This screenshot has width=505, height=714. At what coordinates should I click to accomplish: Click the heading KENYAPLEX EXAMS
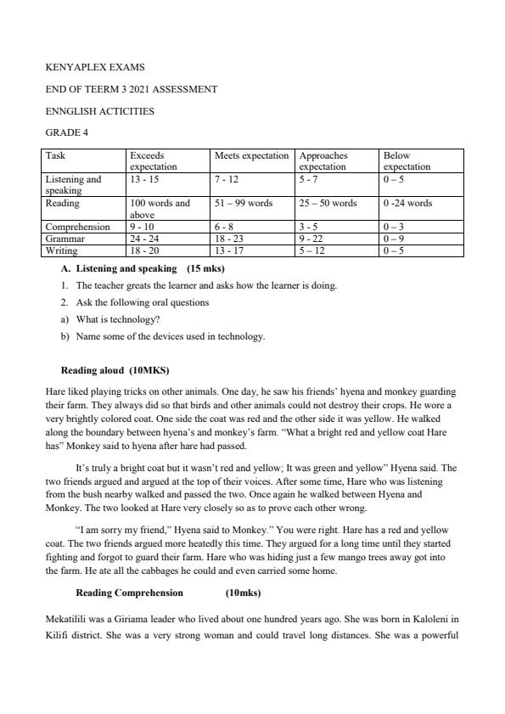click(x=88, y=66)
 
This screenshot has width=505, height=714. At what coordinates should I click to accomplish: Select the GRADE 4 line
click(x=66, y=132)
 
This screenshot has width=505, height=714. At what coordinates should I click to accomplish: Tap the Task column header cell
click(x=56, y=156)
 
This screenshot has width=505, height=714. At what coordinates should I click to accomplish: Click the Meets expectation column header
click(x=251, y=156)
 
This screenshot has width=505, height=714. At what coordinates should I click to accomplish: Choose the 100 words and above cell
click(x=160, y=209)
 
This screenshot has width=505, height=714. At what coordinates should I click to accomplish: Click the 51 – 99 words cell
click(x=244, y=204)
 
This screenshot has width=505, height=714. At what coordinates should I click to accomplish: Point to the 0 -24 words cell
click(x=407, y=204)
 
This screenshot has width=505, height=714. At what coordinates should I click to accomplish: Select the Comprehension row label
click(x=78, y=228)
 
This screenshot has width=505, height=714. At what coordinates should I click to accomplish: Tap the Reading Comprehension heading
click(x=129, y=593)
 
